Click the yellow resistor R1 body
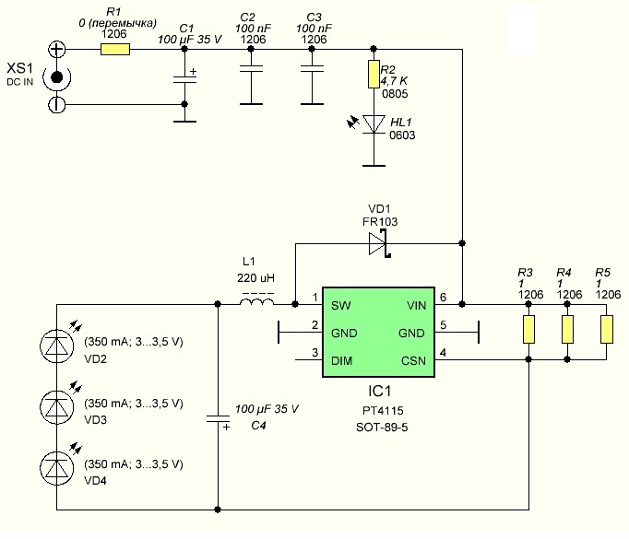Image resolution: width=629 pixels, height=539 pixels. (x=114, y=49)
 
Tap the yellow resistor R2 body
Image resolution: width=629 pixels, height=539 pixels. (x=374, y=74)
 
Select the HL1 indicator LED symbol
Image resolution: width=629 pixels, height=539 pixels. (x=374, y=124)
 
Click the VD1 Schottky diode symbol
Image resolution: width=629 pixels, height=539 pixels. (x=379, y=243)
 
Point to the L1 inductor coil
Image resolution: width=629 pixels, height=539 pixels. (x=257, y=301)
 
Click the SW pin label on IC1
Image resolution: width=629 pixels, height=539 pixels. (x=341, y=306)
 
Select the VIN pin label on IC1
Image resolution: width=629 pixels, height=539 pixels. (x=416, y=306)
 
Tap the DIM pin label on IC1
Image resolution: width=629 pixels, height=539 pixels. (x=342, y=360)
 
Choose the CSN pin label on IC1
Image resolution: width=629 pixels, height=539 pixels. (x=413, y=360)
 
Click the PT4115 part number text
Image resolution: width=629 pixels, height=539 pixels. (x=383, y=411)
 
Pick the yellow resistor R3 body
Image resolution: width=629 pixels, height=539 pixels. (x=528, y=330)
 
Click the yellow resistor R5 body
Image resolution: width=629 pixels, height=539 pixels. (x=607, y=330)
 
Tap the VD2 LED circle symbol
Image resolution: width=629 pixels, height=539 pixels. (x=56, y=346)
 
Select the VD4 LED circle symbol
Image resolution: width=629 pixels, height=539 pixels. (x=56, y=468)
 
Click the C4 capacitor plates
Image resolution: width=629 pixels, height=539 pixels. (x=218, y=419)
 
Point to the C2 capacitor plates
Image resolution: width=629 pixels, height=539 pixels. (x=251, y=69)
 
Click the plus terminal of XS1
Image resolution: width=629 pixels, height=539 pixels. (x=56, y=49)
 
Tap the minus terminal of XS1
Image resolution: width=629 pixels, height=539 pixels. (x=56, y=105)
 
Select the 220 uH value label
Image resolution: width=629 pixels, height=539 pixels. (x=255, y=278)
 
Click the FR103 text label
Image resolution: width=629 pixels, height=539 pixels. (x=380, y=222)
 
